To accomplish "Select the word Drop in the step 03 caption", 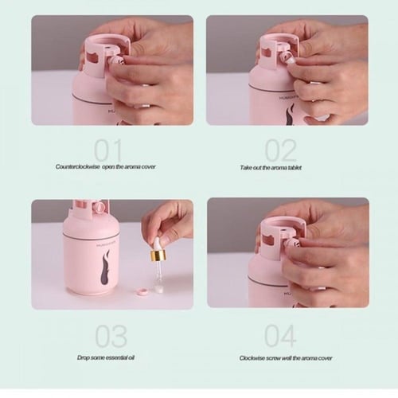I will tap(84, 357).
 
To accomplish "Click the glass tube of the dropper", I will tap(158, 274).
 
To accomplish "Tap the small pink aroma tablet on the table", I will tap(142, 291).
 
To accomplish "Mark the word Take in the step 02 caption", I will tap(246, 167).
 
